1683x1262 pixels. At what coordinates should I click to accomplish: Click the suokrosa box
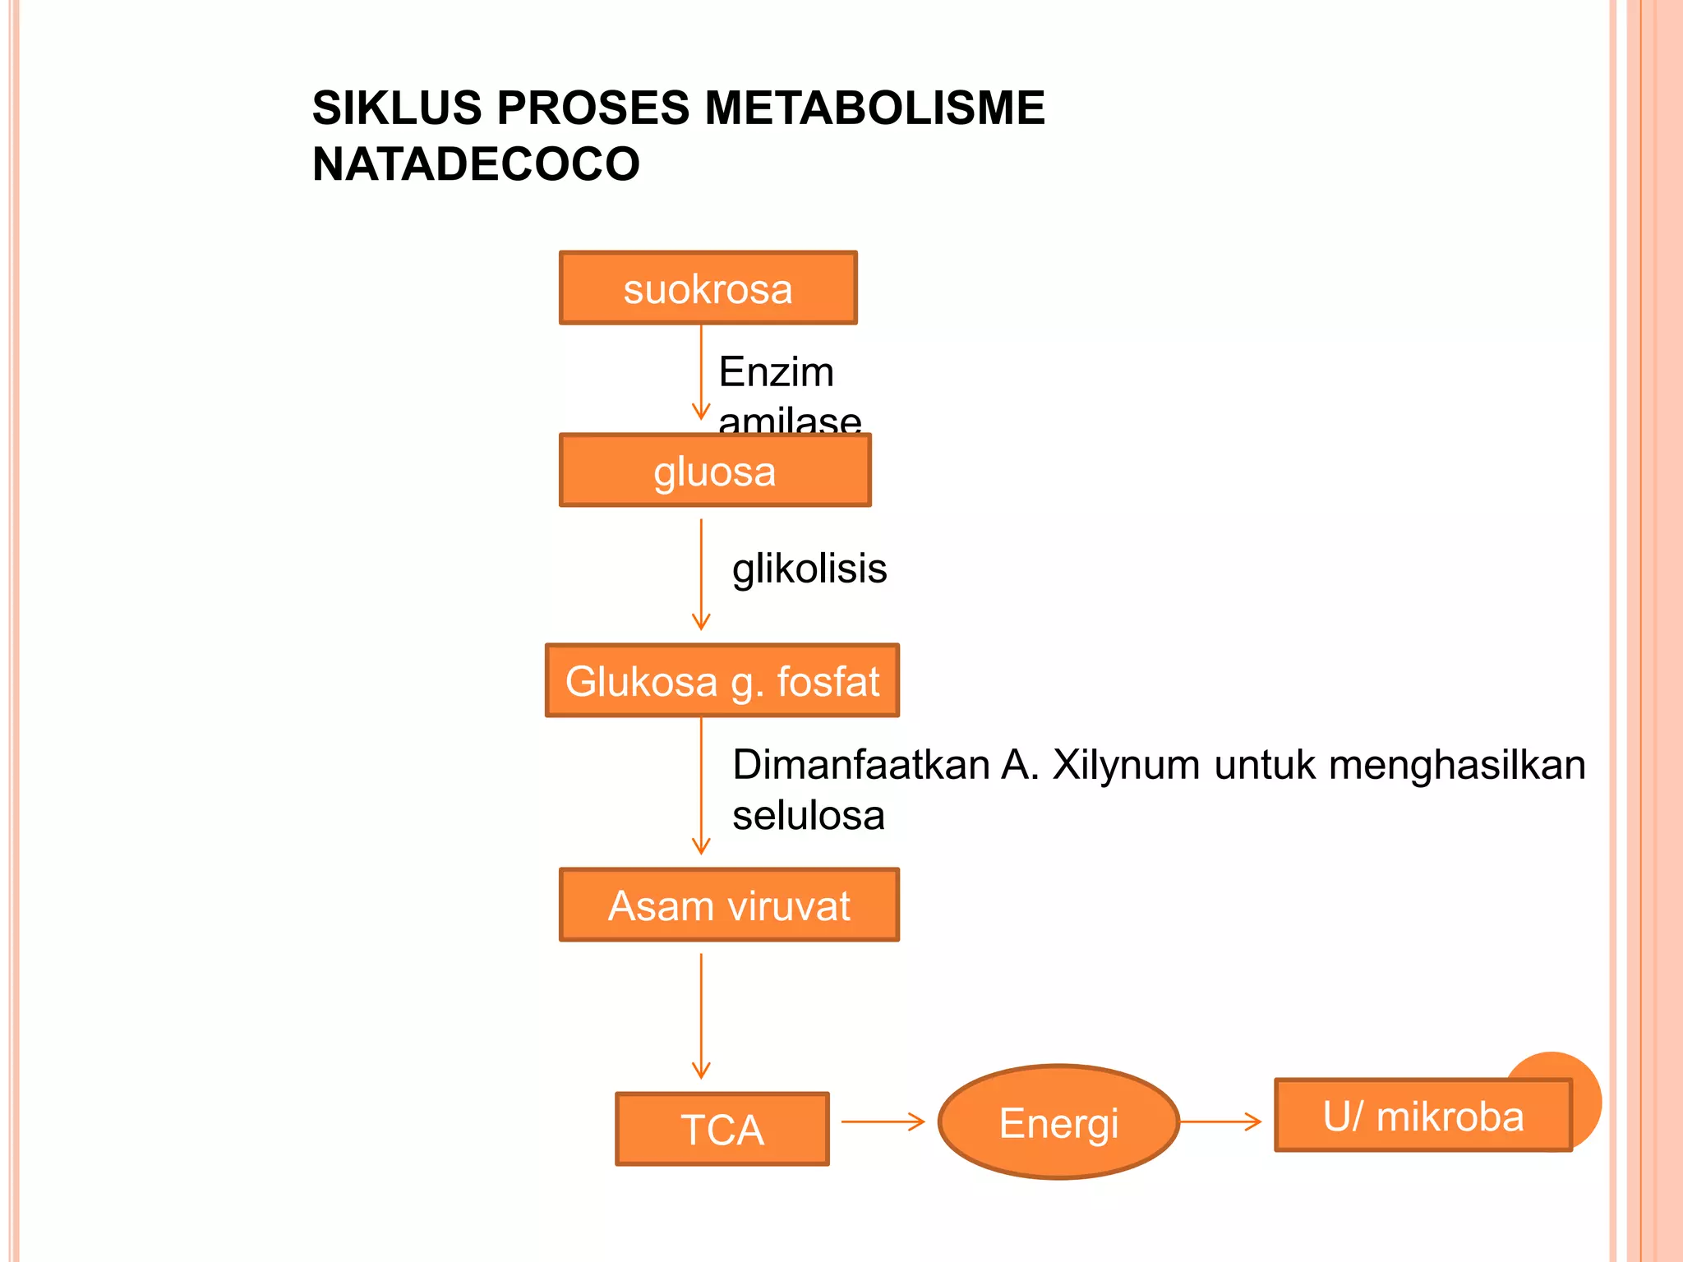pyautogui.click(x=708, y=288)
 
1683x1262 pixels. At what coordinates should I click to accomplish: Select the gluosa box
pyautogui.click(x=714, y=471)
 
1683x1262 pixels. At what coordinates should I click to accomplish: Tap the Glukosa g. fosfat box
pyautogui.click(x=722, y=681)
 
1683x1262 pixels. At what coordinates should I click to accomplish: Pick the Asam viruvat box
pyautogui.click(x=729, y=905)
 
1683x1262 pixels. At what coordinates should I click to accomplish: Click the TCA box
pyautogui.click(x=722, y=1129)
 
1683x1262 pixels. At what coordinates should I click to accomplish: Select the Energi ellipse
pyautogui.click(x=1058, y=1122)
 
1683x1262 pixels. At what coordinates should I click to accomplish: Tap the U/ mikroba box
pyautogui.click(x=1422, y=1116)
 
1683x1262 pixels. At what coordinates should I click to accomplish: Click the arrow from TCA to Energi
pyautogui.click(x=883, y=1122)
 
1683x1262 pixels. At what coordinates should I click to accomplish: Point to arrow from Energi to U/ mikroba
pyautogui.click(x=1220, y=1122)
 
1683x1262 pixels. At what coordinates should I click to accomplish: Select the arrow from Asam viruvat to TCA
pyautogui.click(x=701, y=1016)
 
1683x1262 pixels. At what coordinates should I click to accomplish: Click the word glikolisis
pyautogui.click(x=809, y=569)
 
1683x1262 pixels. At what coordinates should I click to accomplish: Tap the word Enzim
pyautogui.click(x=776, y=371)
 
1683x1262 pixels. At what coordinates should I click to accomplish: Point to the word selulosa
pyautogui.click(x=809, y=816)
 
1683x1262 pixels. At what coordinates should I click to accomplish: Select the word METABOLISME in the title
pyautogui.click(x=874, y=108)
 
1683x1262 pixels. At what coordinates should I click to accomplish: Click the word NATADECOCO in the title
pyautogui.click(x=476, y=164)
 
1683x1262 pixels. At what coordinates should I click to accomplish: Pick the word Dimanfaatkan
pyautogui.click(x=860, y=765)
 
